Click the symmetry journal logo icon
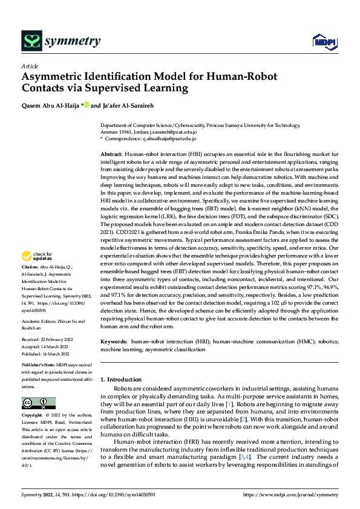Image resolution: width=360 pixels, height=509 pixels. click(x=31, y=41)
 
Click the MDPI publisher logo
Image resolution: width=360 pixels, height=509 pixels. click(x=322, y=41)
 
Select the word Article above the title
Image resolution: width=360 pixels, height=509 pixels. click(x=30, y=66)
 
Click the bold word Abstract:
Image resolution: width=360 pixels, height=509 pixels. click(x=111, y=155)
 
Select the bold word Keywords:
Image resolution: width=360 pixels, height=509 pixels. click(x=114, y=342)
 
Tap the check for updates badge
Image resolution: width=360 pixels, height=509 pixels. click(x=38, y=273)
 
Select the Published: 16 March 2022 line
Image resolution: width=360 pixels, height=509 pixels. click(x=46, y=354)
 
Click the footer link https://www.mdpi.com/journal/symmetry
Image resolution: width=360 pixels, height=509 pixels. click(x=290, y=494)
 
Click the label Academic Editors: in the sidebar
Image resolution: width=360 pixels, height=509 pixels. click(x=40, y=322)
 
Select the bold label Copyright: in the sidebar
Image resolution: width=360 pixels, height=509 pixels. click(x=33, y=416)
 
